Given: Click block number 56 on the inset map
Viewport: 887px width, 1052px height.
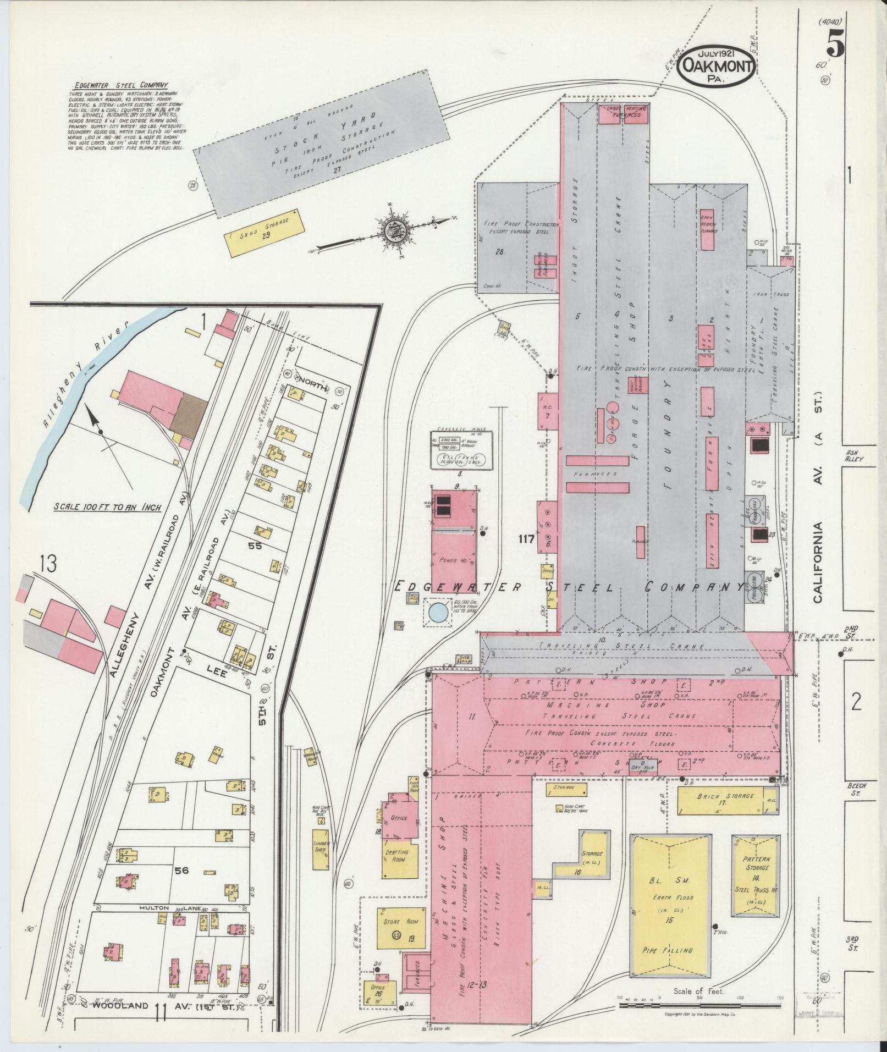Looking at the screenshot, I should coord(182,886).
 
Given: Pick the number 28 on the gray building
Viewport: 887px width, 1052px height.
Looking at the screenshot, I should coord(500,252).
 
